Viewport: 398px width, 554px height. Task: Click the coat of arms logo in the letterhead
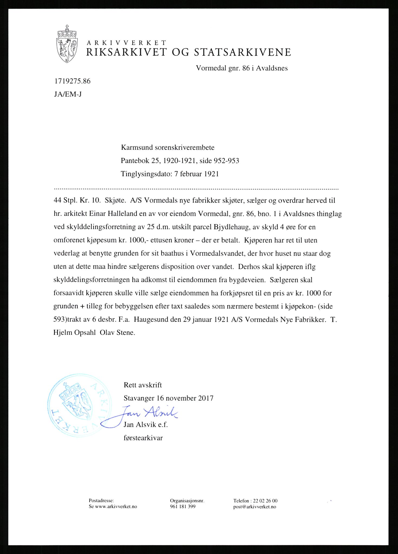(x=67, y=44)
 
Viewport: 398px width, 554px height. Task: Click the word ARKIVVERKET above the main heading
(x=126, y=43)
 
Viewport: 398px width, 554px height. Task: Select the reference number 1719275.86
(x=72, y=81)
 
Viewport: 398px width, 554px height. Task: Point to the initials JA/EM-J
(x=68, y=94)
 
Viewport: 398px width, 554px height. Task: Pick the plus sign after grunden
(x=82, y=306)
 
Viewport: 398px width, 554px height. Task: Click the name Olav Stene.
(x=117, y=333)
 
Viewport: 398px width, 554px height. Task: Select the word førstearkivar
(x=143, y=438)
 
